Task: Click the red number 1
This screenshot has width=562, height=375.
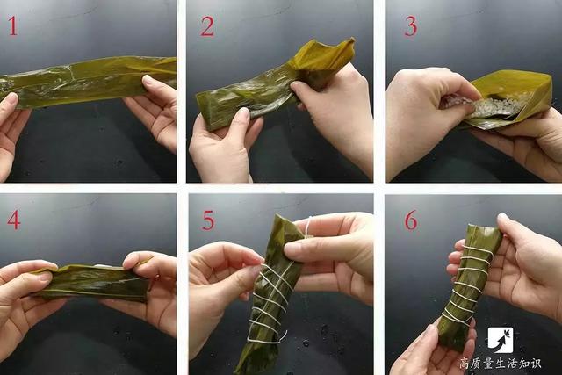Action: (13, 26)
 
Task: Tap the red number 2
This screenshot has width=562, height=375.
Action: (207, 26)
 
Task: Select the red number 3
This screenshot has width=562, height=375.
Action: (411, 26)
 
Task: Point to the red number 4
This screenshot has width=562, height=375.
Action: (14, 220)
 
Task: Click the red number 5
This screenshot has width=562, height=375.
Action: (208, 220)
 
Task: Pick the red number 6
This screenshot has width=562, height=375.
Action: (411, 220)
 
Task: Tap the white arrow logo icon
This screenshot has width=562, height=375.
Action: (501, 340)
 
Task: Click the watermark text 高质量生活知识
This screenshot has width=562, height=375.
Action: (501, 364)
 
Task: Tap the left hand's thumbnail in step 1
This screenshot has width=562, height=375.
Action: (12, 98)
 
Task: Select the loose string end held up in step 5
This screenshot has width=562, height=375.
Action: (307, 226)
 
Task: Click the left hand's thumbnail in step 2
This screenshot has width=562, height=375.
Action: (244, 114)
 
